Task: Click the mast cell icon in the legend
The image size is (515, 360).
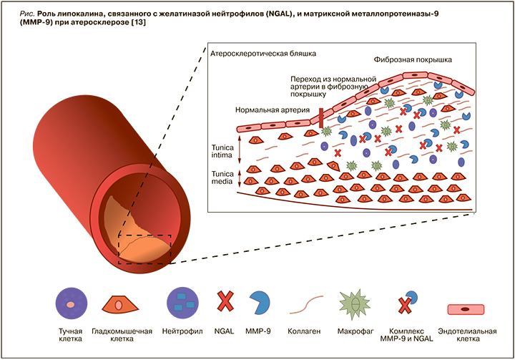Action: click(71, 303)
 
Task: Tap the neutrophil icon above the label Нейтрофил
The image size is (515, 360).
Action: click(182, 303)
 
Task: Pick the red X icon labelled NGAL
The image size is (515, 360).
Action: click(225, 303)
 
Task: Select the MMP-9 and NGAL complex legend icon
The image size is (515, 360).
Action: click(409, 303)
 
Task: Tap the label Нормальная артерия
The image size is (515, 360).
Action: click(272, 111)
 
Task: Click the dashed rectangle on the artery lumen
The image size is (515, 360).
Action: click(145, 249)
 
